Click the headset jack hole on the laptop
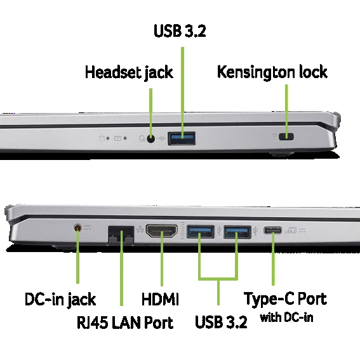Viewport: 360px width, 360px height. tap(150, 138)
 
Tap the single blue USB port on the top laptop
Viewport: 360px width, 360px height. tap(182, 138)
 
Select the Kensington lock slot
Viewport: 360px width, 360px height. tap(286, 137)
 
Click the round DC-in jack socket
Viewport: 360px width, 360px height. tap(77, 228)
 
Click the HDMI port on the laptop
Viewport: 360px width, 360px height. tap(162, 231)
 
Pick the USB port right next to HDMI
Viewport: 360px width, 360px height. tap(201, 232)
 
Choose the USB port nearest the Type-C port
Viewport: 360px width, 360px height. tap(237, 232)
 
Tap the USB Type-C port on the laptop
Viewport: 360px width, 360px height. tap(272, 230)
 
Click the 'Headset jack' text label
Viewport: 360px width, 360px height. tap(129, 72)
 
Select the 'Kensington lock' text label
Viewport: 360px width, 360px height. tap(272, 72)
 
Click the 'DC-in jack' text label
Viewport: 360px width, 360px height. tap(60, 300)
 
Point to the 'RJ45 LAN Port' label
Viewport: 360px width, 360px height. tap(125, 323)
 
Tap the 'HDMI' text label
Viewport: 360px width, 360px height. tap(160, 299)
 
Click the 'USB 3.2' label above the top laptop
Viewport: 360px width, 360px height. tap(180, 30)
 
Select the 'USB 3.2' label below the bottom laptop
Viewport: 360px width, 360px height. tap(221, 322)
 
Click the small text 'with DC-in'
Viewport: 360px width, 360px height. tap(286, 317)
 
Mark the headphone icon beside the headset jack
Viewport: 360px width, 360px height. tap(142, 138)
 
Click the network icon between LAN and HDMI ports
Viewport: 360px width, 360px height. tap(140, 229)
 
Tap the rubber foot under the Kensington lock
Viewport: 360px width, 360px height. tap(282, 154)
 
